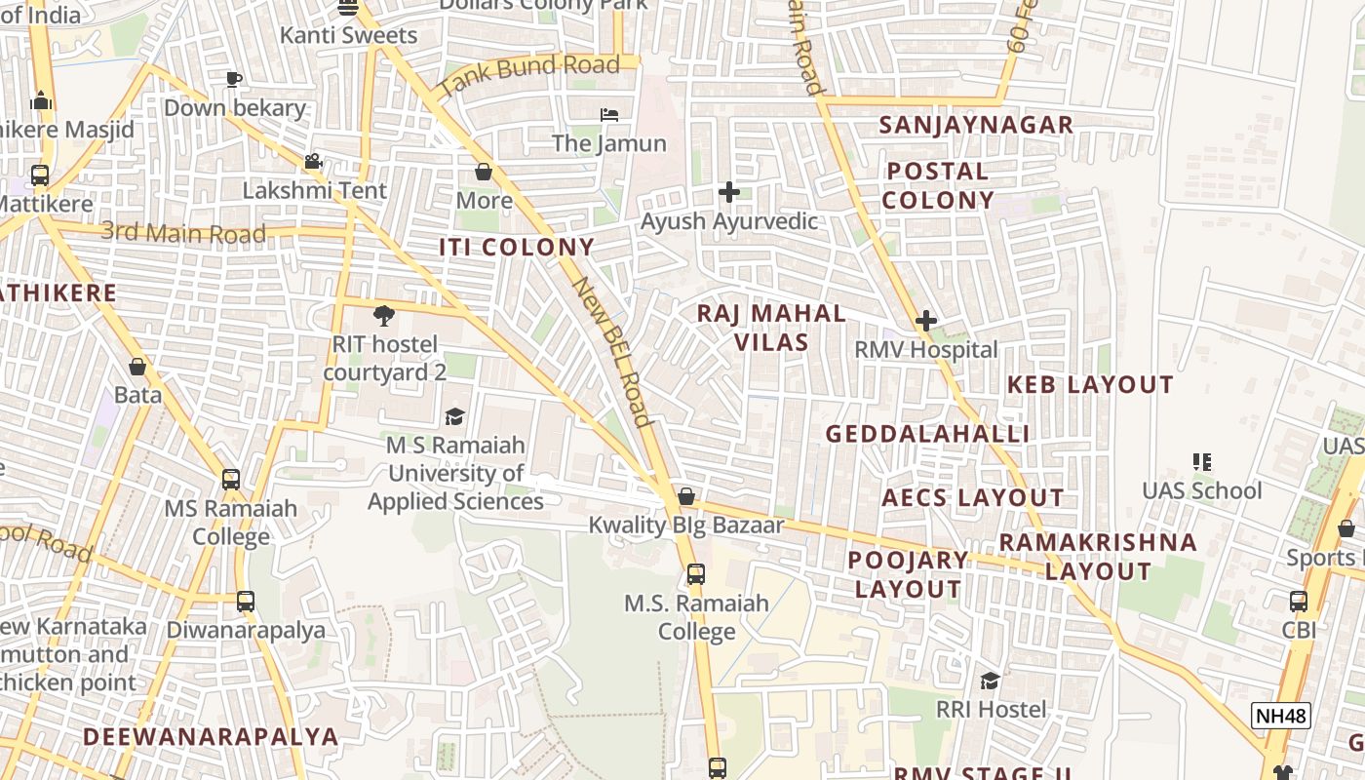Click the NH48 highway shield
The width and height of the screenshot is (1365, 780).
coord(1281,716)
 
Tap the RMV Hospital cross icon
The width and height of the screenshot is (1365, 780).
coord(925,321)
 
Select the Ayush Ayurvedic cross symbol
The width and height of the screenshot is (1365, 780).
coord(728,192)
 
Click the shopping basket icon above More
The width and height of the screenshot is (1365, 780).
coord(484,173)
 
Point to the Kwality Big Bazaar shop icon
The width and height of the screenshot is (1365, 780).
coord(686,497)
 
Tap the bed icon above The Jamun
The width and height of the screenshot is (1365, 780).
coord(609,115)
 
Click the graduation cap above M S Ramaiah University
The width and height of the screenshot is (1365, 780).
coord(454,417)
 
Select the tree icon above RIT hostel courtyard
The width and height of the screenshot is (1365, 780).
coord(384,316)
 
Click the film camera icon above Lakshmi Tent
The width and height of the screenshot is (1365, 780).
coord(313,162)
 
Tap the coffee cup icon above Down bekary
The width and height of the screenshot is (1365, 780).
coord(233,79)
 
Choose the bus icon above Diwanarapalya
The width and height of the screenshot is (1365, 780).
coord(245,601)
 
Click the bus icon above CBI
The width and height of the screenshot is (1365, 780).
coord(1299,601)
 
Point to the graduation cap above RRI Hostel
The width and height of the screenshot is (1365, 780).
coord(991,681)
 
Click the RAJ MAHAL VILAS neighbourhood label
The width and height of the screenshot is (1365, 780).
coord(771,328)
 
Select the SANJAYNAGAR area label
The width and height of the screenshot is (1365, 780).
coord(976,125)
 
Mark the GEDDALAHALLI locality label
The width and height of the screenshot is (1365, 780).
coord(927,434)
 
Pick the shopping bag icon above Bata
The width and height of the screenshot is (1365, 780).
coord(137,367)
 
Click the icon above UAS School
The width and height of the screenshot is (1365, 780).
coord(1201,461)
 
